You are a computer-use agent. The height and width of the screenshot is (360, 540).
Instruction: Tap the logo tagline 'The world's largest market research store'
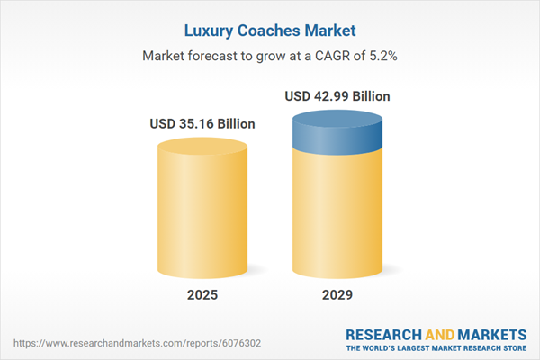coord(438,347)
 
